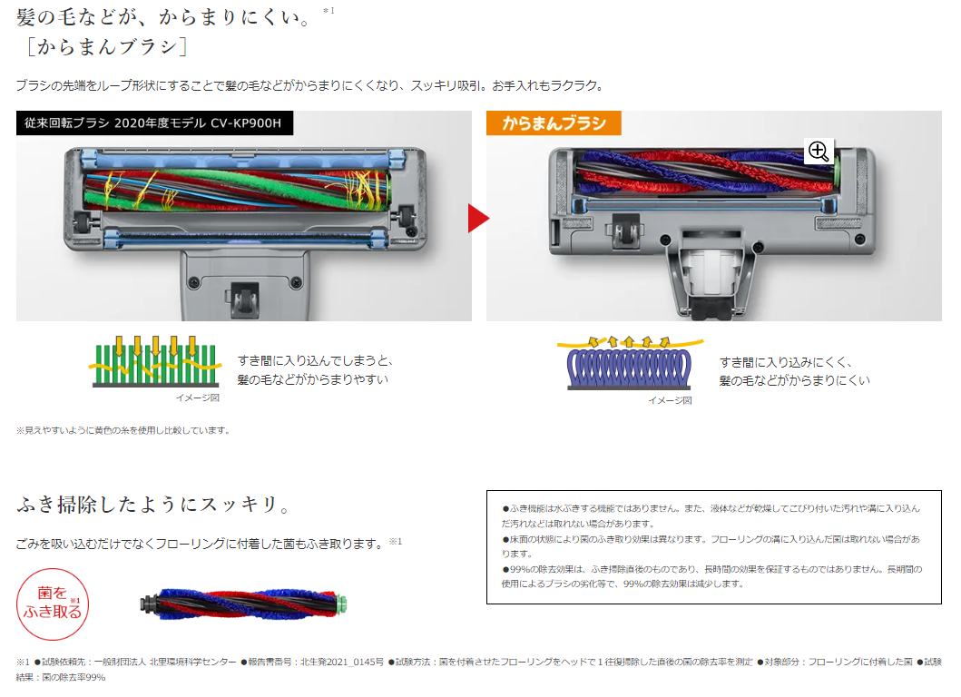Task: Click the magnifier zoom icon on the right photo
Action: [819, 152]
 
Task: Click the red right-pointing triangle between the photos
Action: [477, 217]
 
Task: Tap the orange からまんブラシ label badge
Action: [546, 123]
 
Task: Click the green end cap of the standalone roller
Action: [343, 603]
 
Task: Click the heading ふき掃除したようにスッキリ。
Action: [153, 505]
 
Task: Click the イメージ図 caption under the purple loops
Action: [670, 400]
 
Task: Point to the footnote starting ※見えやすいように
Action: [123, 430]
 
